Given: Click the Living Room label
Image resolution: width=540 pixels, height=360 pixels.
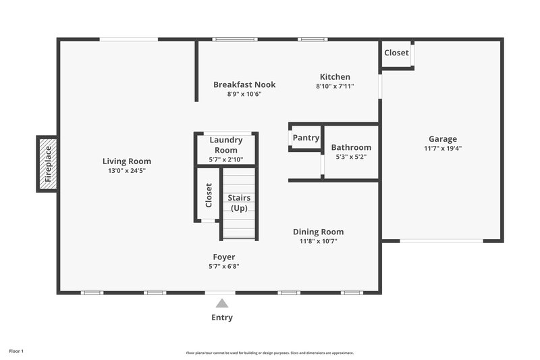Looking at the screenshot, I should pyautogui.click(x=126, y=161).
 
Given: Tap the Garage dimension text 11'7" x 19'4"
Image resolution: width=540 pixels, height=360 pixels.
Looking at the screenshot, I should pyautogui.click(x=442, y=149).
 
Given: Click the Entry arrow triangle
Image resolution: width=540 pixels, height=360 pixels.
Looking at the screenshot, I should pyautogui.click(x=221, y=304).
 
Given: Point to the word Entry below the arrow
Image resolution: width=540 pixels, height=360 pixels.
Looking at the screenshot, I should pyautogui.click(x=221, y=317).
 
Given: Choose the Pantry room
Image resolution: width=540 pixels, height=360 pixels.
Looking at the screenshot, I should pyautogui.click(x=306, y=138).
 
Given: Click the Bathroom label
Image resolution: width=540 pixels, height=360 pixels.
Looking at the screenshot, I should pyautogui.click(x=350, y=147).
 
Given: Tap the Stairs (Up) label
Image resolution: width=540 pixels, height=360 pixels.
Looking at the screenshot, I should pyautogui.click(x=239, y=203).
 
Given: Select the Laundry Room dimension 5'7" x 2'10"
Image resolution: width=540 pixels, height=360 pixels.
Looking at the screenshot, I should pyautogui.click(x=225, y=159).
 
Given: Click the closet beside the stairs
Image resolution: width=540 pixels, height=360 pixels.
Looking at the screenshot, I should pyautogui.click(x=208, y=195).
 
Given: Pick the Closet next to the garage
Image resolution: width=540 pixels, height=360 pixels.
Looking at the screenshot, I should pyautogui.click(x=396, y=53).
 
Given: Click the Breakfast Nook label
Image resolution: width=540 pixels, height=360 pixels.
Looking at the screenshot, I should pyautogui.click(x=244, y=84).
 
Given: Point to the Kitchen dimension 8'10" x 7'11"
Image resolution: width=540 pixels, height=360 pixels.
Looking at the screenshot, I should pyautogui.click(x=335, y=86).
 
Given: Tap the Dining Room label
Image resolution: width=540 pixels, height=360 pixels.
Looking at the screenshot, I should pyautogui.click(x=317, y=232).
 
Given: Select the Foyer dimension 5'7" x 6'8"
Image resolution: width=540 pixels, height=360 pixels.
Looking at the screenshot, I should pyautogui.click(x=223, y=266).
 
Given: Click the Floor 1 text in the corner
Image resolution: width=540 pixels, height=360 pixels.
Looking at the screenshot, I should pyautogui.click(x=16, y=351).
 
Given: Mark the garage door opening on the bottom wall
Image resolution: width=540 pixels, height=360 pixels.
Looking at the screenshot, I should pyautogui.click(x=442, y=240).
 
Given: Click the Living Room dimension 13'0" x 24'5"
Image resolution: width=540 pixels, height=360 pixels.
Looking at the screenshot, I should pyautogui.click(x=126, y=171).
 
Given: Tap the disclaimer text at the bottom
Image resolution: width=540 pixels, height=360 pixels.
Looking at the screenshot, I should pyautogui.click(x=269, y=353).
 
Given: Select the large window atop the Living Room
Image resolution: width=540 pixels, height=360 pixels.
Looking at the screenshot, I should pyautogui.click(x=129, y=39).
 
